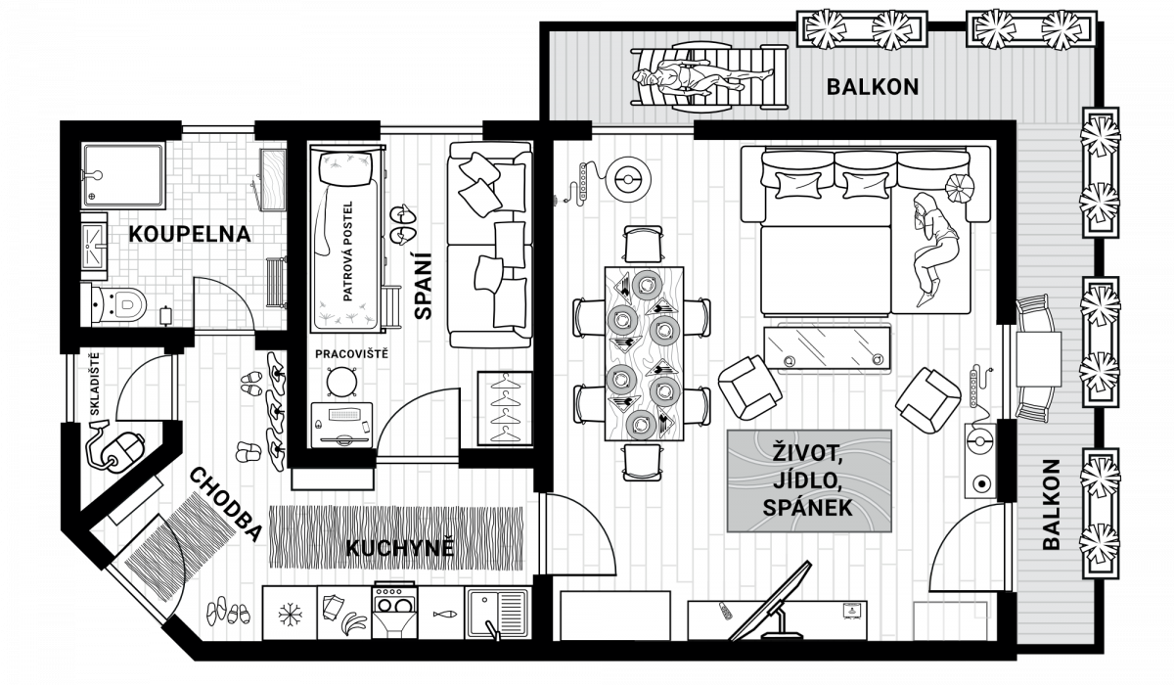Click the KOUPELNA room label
point(190,234)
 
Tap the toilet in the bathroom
point(119,303)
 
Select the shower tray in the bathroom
point(123,174)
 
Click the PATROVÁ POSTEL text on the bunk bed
point(347,251)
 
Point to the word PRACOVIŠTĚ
point(351,354)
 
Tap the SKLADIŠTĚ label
point(94,385)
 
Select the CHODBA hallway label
point(224,504)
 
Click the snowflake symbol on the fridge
point(290,615)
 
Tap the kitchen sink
point(498,613)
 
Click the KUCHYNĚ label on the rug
point(400,548)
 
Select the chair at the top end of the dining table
point(643,245)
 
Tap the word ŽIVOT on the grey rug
point(807,454)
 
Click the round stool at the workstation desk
point(341,381)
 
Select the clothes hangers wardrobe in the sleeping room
point(505,409)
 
